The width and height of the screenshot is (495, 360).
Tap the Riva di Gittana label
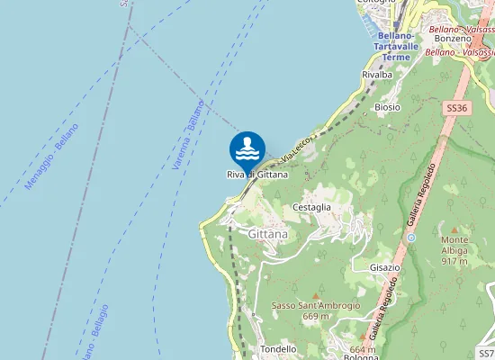coord(257,175)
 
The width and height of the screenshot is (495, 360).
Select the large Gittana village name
coord(267,234)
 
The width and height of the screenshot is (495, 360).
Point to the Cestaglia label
coord(312,207)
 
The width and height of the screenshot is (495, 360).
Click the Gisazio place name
coord(384,268)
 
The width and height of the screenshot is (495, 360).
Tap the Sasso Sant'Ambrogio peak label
coord(316,305)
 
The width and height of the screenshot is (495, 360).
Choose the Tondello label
coord(278,349)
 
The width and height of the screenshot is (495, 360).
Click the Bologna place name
coord(361,357)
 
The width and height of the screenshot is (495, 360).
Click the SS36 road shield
coord(457,108)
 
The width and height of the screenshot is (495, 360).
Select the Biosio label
coord(387,106)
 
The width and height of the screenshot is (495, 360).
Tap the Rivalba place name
coord(377,75)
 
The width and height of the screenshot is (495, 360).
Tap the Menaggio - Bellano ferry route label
coord(52,156)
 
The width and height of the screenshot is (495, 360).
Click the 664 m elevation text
coord(363,349)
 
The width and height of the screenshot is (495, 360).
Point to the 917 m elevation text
coord(455,262)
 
